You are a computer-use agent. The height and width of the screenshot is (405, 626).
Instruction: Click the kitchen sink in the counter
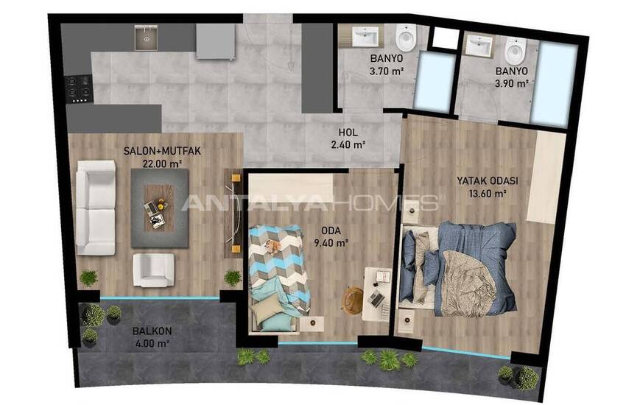click(x=146, y=38)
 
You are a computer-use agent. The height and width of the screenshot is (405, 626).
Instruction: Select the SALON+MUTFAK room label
click(x=162, y=151)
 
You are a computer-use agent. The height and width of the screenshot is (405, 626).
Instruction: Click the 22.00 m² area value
click(x=162, y=163)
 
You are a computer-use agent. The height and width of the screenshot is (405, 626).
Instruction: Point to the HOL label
click(x=348, y=133)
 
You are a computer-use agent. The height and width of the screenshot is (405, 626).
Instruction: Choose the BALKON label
click(x=152, y=331)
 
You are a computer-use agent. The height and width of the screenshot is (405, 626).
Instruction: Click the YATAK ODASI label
click(x=488, y=180)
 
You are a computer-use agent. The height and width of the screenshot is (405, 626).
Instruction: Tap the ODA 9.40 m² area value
click(x=331, y=242)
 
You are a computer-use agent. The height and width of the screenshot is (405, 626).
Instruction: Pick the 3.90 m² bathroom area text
click(x=512, y=84)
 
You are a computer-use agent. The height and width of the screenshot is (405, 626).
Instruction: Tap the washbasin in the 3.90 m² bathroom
click(x=479, y=45)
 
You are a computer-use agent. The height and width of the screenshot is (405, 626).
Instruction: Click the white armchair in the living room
click(x=153, y=270)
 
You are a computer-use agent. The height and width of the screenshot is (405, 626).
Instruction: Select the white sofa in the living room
click(x=96, y=208)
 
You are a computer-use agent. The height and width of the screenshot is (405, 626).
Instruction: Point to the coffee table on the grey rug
click(x=159, y=208)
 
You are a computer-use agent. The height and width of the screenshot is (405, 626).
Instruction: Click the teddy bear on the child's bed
click(x=273, y=246)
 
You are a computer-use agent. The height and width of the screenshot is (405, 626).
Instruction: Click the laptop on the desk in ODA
click(x=376, y=298)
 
